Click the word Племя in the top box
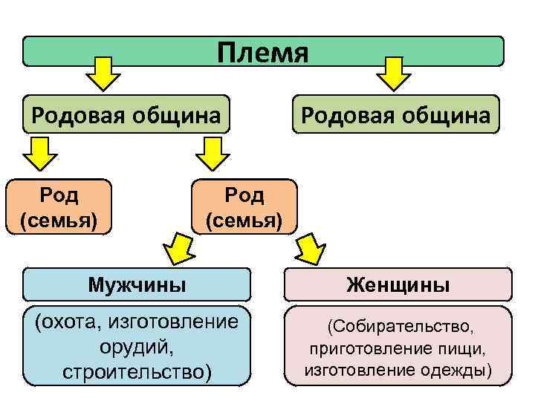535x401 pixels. (x=262, y=53)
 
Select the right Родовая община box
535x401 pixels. (x=395, y=114)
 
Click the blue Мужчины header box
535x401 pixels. (x=137, y=284)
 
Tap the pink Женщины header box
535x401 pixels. (x=398, y=284)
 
